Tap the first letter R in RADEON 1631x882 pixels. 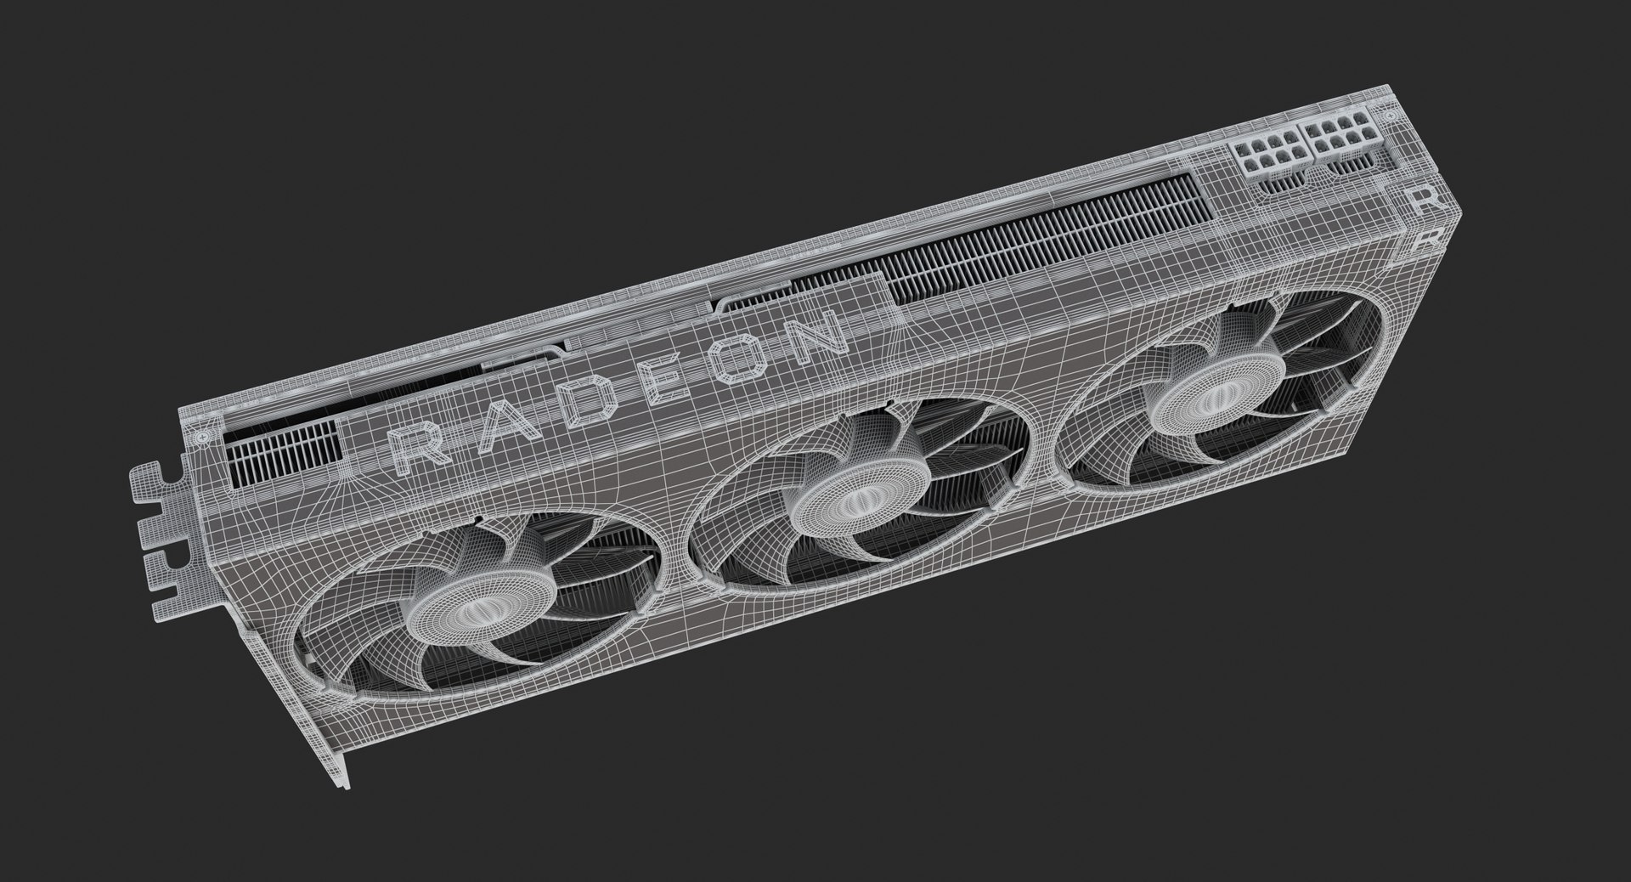tap(421, 448)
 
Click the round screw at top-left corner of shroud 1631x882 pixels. tap(202, 436)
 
